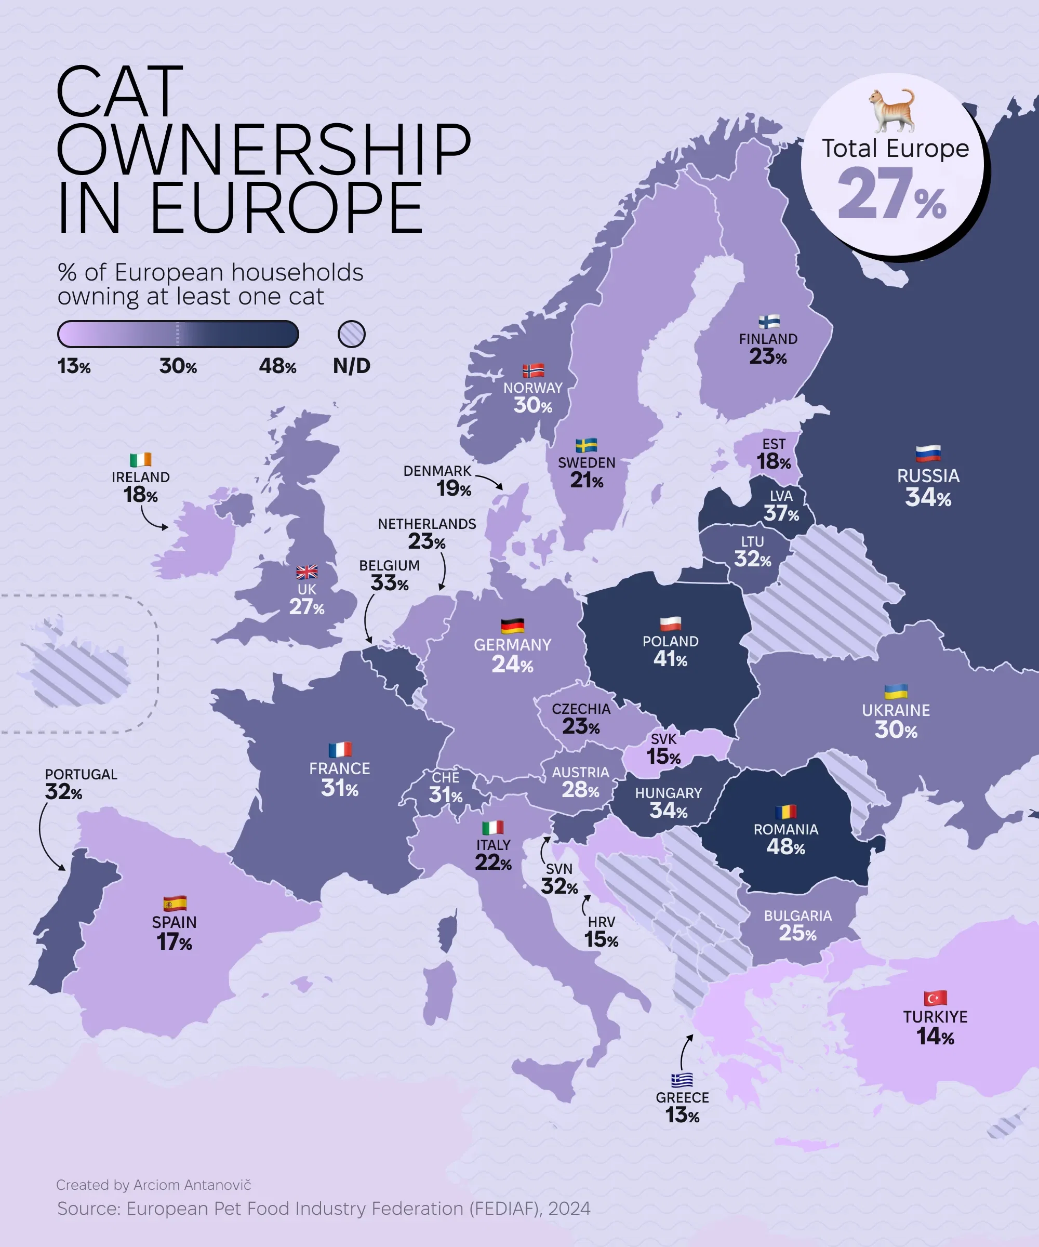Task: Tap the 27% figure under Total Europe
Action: tap(892, 194)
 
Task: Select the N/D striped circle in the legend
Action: tap(352, 334)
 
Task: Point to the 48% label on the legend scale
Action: tap(277, 366)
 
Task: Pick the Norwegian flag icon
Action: tap(533, 371)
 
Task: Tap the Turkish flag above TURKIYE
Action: tap(935, 998)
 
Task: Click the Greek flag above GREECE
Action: tap(682, 1080)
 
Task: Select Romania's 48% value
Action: tap(785, 847)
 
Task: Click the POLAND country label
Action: tap(670, 641)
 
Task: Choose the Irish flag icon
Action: tap(141, 460)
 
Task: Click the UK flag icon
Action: tap(307, 572)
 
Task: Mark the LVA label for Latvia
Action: tap(781, 496)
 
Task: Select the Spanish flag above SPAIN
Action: tap(175, 904)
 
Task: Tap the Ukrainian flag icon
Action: tap(896, 692)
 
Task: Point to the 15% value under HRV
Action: tap(601, 940)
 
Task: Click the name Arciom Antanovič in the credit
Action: tap(192, 1185)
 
